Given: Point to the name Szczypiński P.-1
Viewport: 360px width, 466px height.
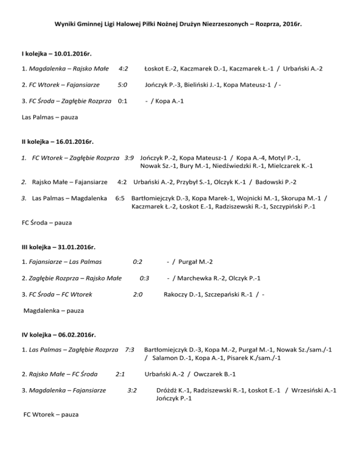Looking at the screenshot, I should pyautogui.click(x=285, y=206).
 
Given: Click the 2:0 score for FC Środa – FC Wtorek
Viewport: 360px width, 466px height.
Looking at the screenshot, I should pyautogui.click(x=137, y=294).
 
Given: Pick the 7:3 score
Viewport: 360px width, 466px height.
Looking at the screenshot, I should pyautogui.click(x=130, y=350).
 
